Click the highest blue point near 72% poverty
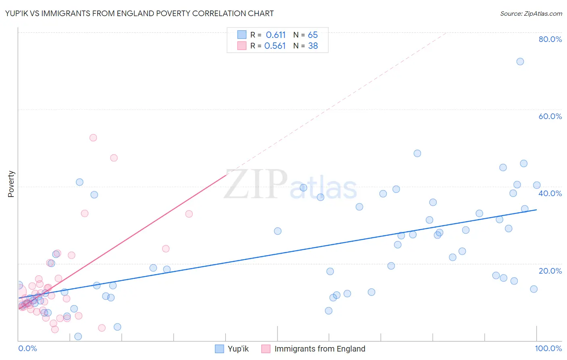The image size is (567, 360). [520, 61]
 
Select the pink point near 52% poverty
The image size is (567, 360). [93, 138]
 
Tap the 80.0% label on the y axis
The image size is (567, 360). [550, 39]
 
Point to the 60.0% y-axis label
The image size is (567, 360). [550, 116]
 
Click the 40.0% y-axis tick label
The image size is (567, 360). [550, 193]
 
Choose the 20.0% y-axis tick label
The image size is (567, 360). [550, 271]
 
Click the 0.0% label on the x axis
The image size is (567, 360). [27, 348]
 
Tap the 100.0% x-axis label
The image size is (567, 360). [548, 348]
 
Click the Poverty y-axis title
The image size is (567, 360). [11, 184]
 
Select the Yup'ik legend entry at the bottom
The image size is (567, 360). [238, 349]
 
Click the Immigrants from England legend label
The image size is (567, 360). [320, 349]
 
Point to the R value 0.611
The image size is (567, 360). [275, 35]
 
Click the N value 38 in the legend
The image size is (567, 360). [313, 46]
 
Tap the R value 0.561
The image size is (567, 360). [275, 46]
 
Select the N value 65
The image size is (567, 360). [313, 35]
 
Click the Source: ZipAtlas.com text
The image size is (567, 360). [531, 14]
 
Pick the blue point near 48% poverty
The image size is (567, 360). [417, 153]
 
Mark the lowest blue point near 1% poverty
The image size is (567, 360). [78, 337]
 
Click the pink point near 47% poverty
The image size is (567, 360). [114, 158]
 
